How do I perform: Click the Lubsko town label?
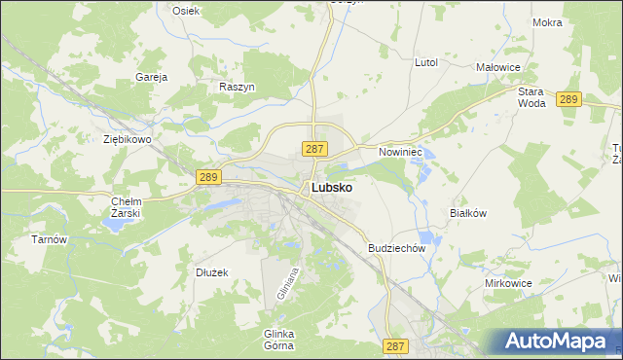331,188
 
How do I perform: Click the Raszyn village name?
238,87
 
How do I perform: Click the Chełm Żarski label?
127,207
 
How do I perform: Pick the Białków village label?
467,212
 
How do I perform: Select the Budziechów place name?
397,248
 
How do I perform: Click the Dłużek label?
211,272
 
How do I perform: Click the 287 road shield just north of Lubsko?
313,149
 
